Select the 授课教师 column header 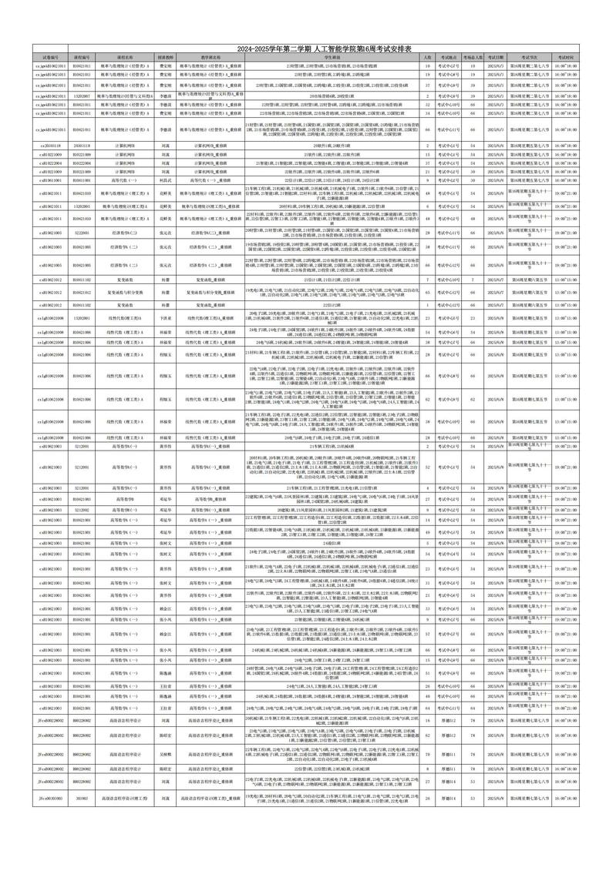[165, 57]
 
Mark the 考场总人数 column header [473, 57]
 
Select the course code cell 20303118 [82, 145]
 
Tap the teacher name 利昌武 [165, 179]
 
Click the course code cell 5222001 [82, 231]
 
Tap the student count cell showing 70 [428, 754]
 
